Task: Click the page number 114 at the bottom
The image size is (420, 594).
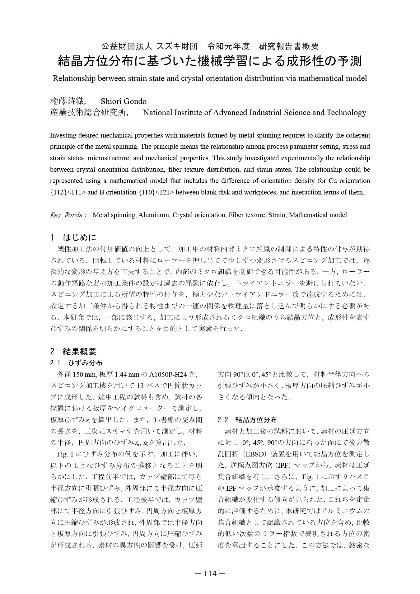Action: [x=210, y=573]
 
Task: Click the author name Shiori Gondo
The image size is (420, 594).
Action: [x=124, y=101]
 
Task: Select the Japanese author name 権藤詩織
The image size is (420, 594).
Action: [x=67, y=101]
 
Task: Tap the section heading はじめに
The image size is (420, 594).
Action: [x=80, y=238]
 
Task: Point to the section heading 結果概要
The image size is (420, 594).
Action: [x=80, y=352]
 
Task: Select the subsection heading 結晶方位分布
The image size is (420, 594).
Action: [x=256, y=420]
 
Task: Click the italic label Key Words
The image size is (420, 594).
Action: [x=66, y=215]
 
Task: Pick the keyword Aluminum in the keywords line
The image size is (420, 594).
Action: [x=154, y=215]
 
